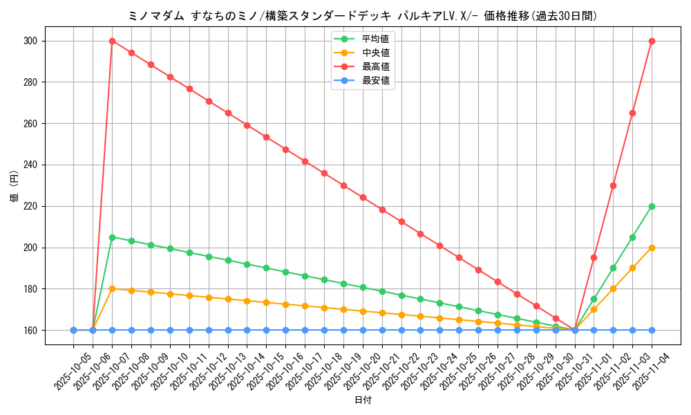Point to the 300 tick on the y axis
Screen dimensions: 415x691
31,41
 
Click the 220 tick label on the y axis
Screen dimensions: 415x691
31,206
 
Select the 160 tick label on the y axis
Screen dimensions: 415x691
31,330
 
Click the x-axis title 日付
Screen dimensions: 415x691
363,400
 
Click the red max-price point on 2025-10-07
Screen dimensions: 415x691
112,41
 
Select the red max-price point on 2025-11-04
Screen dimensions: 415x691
652,41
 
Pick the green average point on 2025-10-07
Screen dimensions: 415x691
112,237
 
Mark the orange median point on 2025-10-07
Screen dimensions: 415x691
112,288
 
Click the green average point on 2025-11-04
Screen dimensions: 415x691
652,206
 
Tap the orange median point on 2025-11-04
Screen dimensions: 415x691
652,248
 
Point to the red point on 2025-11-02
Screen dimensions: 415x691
613,185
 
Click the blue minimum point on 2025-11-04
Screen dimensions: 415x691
652,330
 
